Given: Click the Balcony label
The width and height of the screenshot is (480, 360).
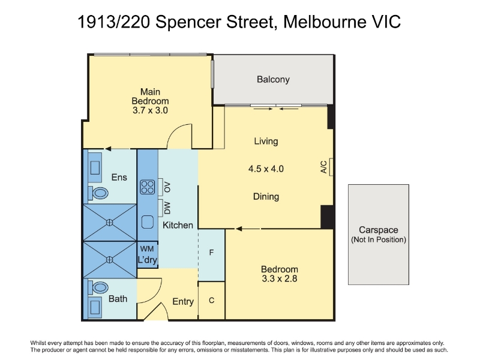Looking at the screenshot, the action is tap(273, 80).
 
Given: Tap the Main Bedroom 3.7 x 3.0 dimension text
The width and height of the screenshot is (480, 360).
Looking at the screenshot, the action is tap(150, 110).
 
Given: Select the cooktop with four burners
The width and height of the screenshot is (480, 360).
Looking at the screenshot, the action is tap(148, 187).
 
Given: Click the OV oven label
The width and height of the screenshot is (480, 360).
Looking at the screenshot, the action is tap(167, 187).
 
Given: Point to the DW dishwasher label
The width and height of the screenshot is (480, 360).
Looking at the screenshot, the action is tap(167, 208).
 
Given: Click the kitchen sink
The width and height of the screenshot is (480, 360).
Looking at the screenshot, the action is tap(148, 222).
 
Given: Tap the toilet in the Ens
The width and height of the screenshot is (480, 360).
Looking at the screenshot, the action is tap(98, 193).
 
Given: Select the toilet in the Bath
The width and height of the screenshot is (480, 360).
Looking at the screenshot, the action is tap(98, 288).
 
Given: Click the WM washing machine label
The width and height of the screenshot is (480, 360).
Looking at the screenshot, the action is tap(147, 249).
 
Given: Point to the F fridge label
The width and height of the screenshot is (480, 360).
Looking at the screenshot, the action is tap(211, 253).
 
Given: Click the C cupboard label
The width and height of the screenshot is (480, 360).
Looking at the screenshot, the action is tap(212, 301).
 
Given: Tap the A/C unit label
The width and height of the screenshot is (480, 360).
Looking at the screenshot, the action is tap(324, 167).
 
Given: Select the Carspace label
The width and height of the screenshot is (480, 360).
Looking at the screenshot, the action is tap(379, 230).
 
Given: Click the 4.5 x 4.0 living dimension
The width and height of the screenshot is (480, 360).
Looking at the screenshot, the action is tap(266, 169).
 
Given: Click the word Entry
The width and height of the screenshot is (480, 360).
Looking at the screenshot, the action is tap(183, 302).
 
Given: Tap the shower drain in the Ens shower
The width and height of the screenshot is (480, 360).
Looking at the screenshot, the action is tap(109, 223).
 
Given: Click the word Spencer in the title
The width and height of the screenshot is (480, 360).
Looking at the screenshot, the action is tap(188, 22).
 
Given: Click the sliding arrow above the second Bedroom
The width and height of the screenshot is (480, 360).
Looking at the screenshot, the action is tap(248, 229).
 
